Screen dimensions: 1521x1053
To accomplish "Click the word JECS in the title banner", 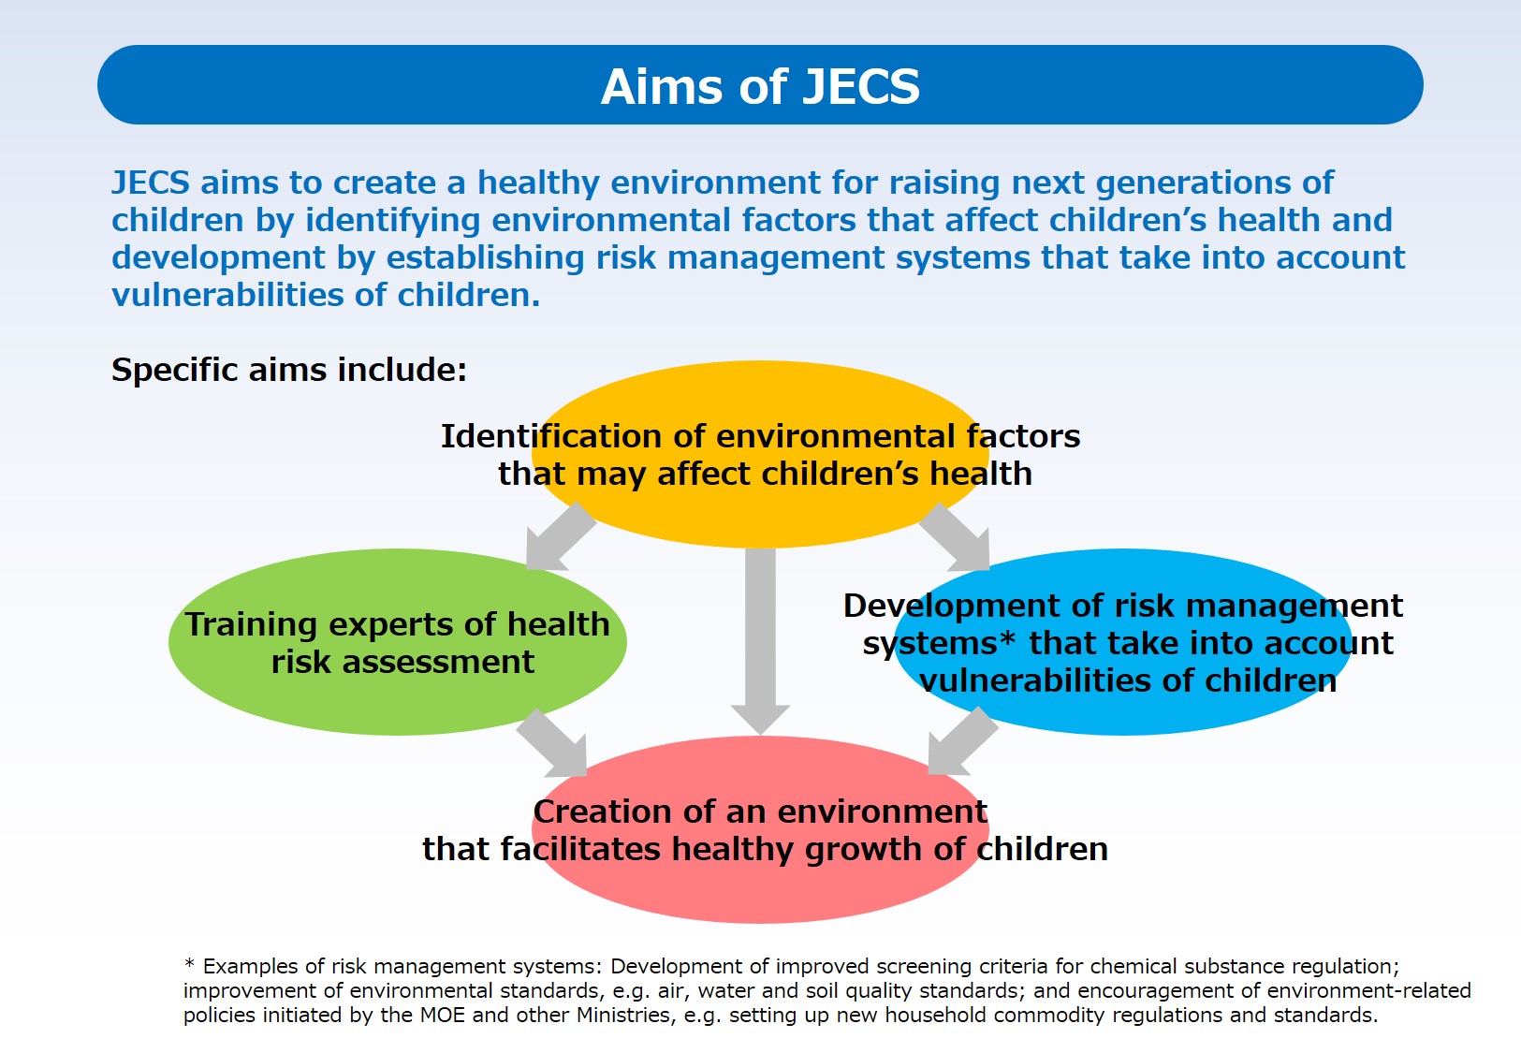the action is tap(861, 87).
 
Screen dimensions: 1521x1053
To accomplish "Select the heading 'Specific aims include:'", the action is tap(289, 370).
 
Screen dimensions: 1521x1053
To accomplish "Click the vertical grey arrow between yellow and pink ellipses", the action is tap(760, 641).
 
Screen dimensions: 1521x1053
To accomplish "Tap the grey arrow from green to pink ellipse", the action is tap(552, 743).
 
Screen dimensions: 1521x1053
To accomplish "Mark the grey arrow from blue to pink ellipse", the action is tap(962, 741).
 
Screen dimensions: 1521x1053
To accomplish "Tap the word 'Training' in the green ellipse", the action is tap(251, 624).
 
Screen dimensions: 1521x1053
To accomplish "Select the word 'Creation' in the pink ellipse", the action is tap(591, 812).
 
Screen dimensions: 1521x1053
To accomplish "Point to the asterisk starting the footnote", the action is tap(189, 963).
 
